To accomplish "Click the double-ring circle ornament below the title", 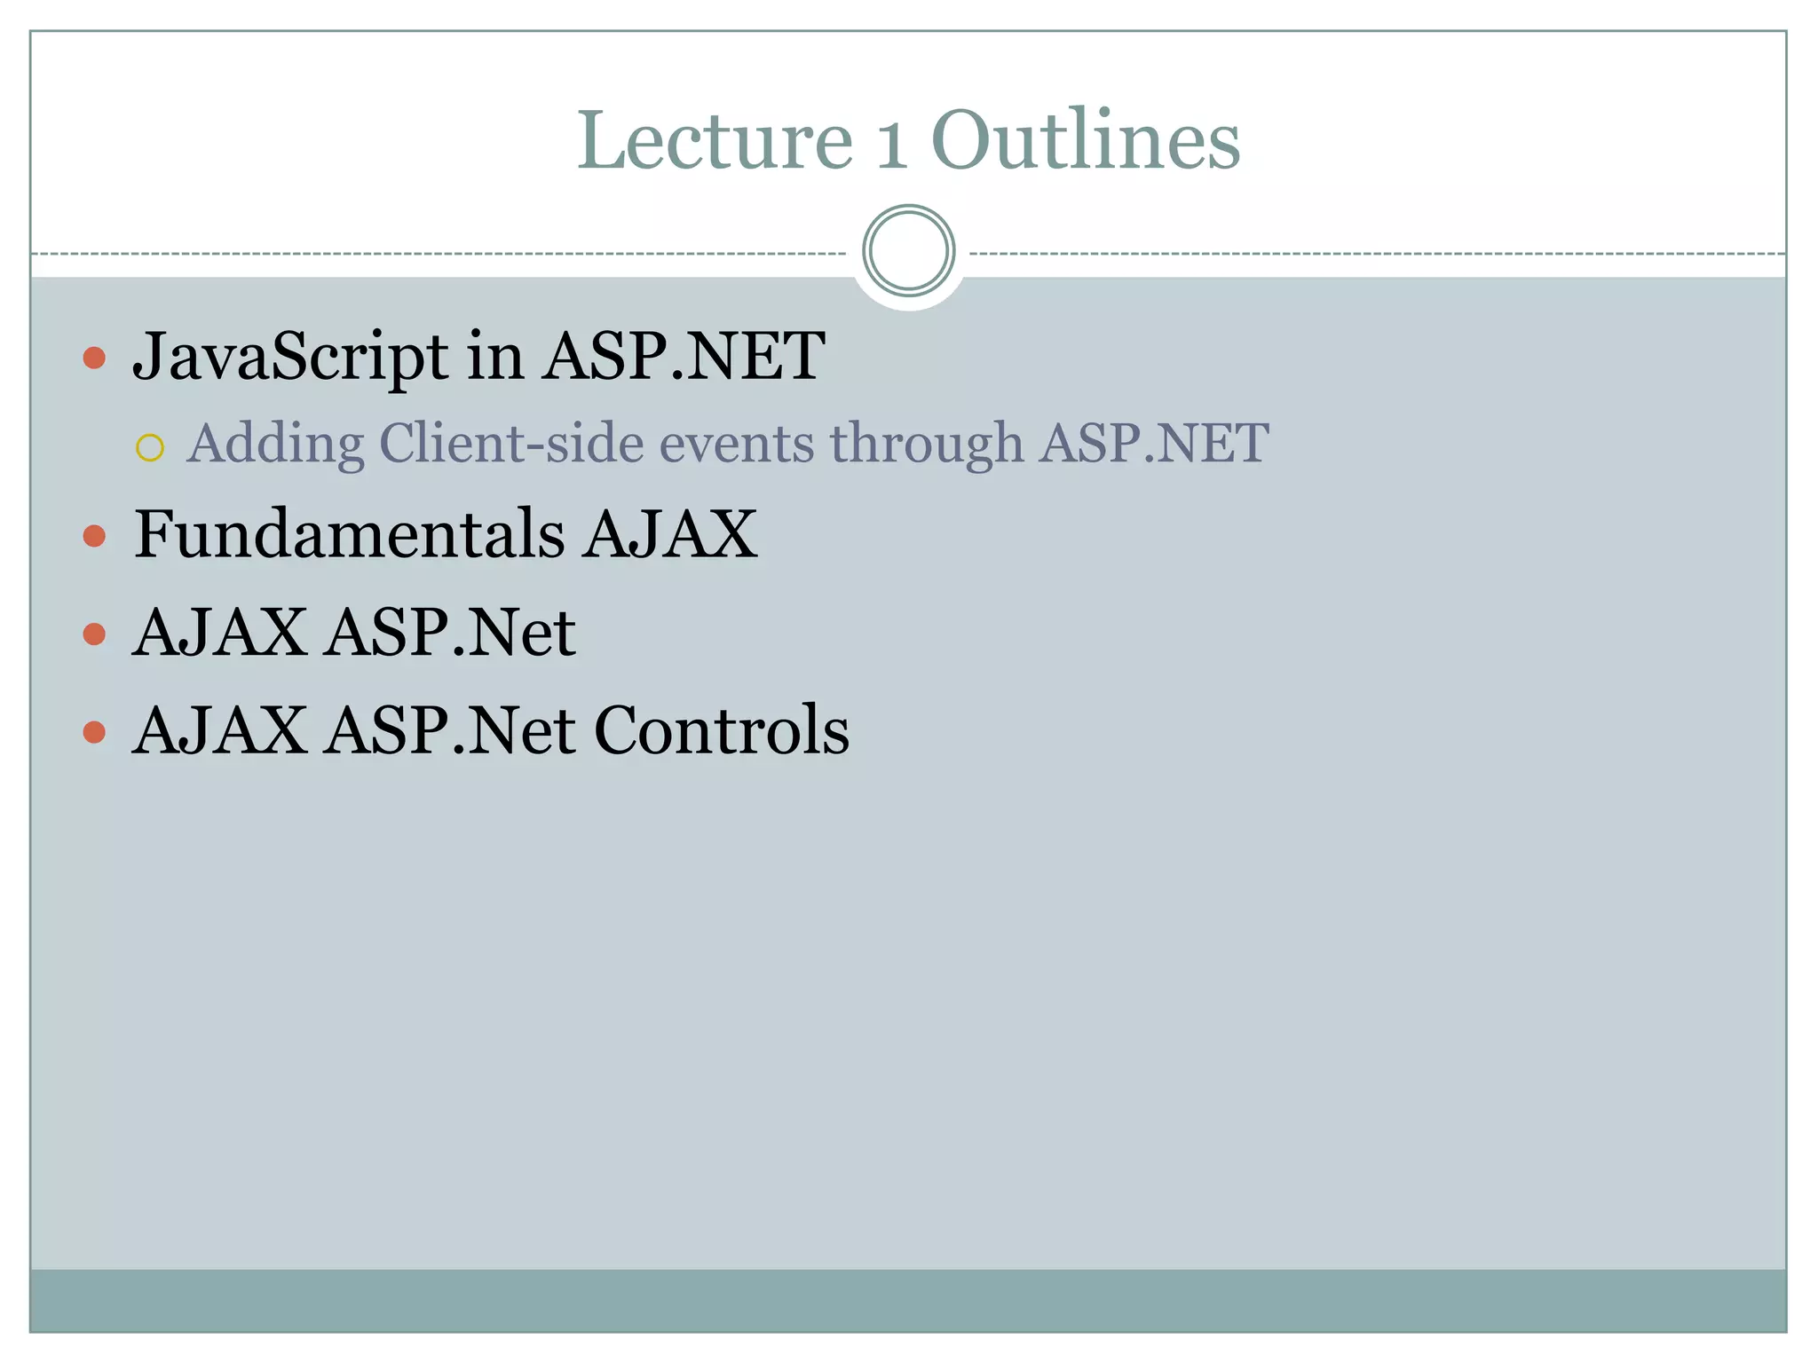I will (908, 250).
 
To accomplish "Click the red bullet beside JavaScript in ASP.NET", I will (94, 358).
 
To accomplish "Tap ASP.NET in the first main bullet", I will (684, 357).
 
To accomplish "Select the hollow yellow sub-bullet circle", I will (150, 448).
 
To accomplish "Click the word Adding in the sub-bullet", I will (275, 444).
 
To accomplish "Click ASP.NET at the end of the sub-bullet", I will (1154, 443).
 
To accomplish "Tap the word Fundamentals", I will (349, 534).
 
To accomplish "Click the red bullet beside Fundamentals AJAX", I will (94, 536).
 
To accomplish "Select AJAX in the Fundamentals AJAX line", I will (670, 534).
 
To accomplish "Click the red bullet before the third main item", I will (94, 634).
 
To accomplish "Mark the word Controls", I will (721, 730).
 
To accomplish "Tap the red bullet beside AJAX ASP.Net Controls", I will (94, 732).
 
